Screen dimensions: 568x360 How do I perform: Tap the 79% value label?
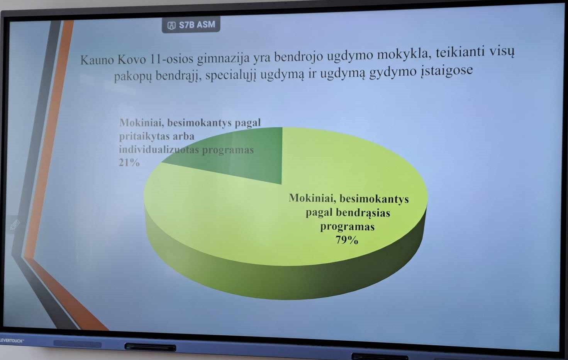point(347,240)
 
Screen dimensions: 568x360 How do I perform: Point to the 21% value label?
point(129,162)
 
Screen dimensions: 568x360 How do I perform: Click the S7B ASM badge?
point(191,25)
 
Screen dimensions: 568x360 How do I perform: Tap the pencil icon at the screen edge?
point(15,225)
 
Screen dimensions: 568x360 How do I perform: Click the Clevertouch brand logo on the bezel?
point(12,341)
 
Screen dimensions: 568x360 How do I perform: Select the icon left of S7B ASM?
point(171,25)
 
